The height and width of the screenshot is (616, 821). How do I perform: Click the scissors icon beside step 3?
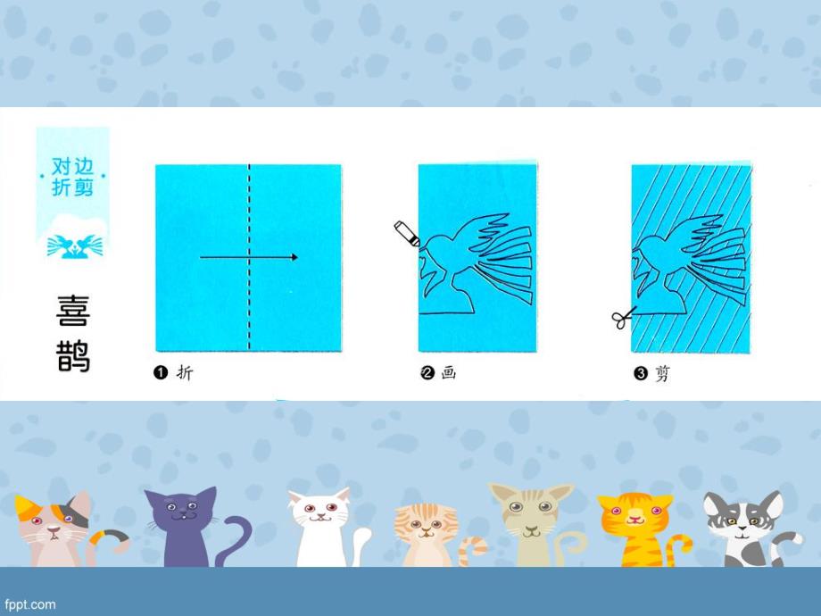(623, 316)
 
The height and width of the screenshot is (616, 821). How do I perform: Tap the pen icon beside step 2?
(406, 234)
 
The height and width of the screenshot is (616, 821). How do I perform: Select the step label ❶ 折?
(173, 373)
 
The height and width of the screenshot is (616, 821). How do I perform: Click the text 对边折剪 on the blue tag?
(73, 176)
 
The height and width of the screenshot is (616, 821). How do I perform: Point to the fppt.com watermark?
(31, 604)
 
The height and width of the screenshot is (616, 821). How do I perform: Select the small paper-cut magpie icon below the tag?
(73, 243)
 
